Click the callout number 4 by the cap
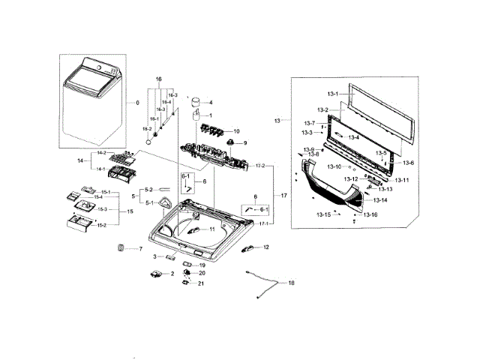(x=211, y=103)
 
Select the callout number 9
(x=244, y=142)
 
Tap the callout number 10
(x=236, y=130)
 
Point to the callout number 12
(x=265, y=247)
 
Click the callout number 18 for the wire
(x=292, y=283)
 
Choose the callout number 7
(x=139, y=248)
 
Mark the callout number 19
(x=202, y=265)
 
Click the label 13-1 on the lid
(x=333, y=94)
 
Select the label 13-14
(x=380, y=200)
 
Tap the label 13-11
(x=401, y=180)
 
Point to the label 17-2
(x=260, y=165)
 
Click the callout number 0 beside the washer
(x=137, y=102)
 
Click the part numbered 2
(x=155, y=275)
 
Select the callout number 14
(x=81, y=161)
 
